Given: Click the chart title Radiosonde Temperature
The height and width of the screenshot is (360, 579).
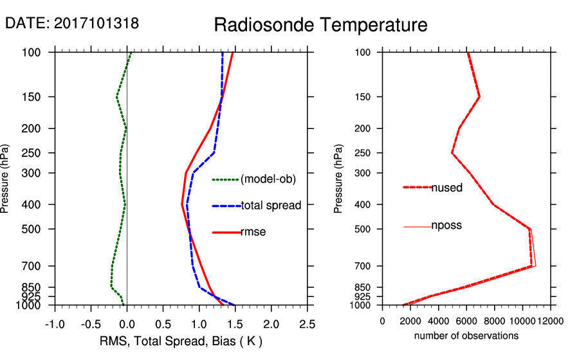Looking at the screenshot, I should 320,25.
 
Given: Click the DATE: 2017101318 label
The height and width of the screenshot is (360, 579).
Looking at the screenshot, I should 72,23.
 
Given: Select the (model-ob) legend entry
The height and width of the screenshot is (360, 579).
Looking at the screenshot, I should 268,179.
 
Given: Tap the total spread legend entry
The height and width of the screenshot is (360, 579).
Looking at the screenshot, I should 271,206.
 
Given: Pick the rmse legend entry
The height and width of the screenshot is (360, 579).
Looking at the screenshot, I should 253,232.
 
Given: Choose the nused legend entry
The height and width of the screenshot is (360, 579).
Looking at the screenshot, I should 446,188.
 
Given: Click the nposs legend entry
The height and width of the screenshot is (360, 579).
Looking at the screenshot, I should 446,226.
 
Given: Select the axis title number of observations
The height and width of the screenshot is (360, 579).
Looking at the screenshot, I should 466,336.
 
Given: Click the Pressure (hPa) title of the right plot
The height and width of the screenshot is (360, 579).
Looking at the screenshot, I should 338,179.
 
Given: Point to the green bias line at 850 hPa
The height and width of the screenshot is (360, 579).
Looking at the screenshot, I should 111,286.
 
